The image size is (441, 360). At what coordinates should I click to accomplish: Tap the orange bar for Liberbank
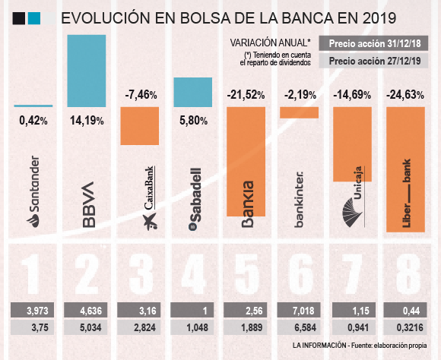pyautogui.click(x=406, y=169)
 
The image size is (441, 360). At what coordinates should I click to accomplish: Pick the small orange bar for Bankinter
pyautogui.click(x=299, y=112)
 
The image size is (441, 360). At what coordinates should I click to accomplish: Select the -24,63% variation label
pyautogui.click(x=406, y=95)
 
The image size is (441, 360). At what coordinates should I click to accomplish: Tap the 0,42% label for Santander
pyautogui.click(x=33, y=119)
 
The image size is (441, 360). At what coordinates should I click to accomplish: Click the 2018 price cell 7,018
pyautogui.click(x=300, y=310)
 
